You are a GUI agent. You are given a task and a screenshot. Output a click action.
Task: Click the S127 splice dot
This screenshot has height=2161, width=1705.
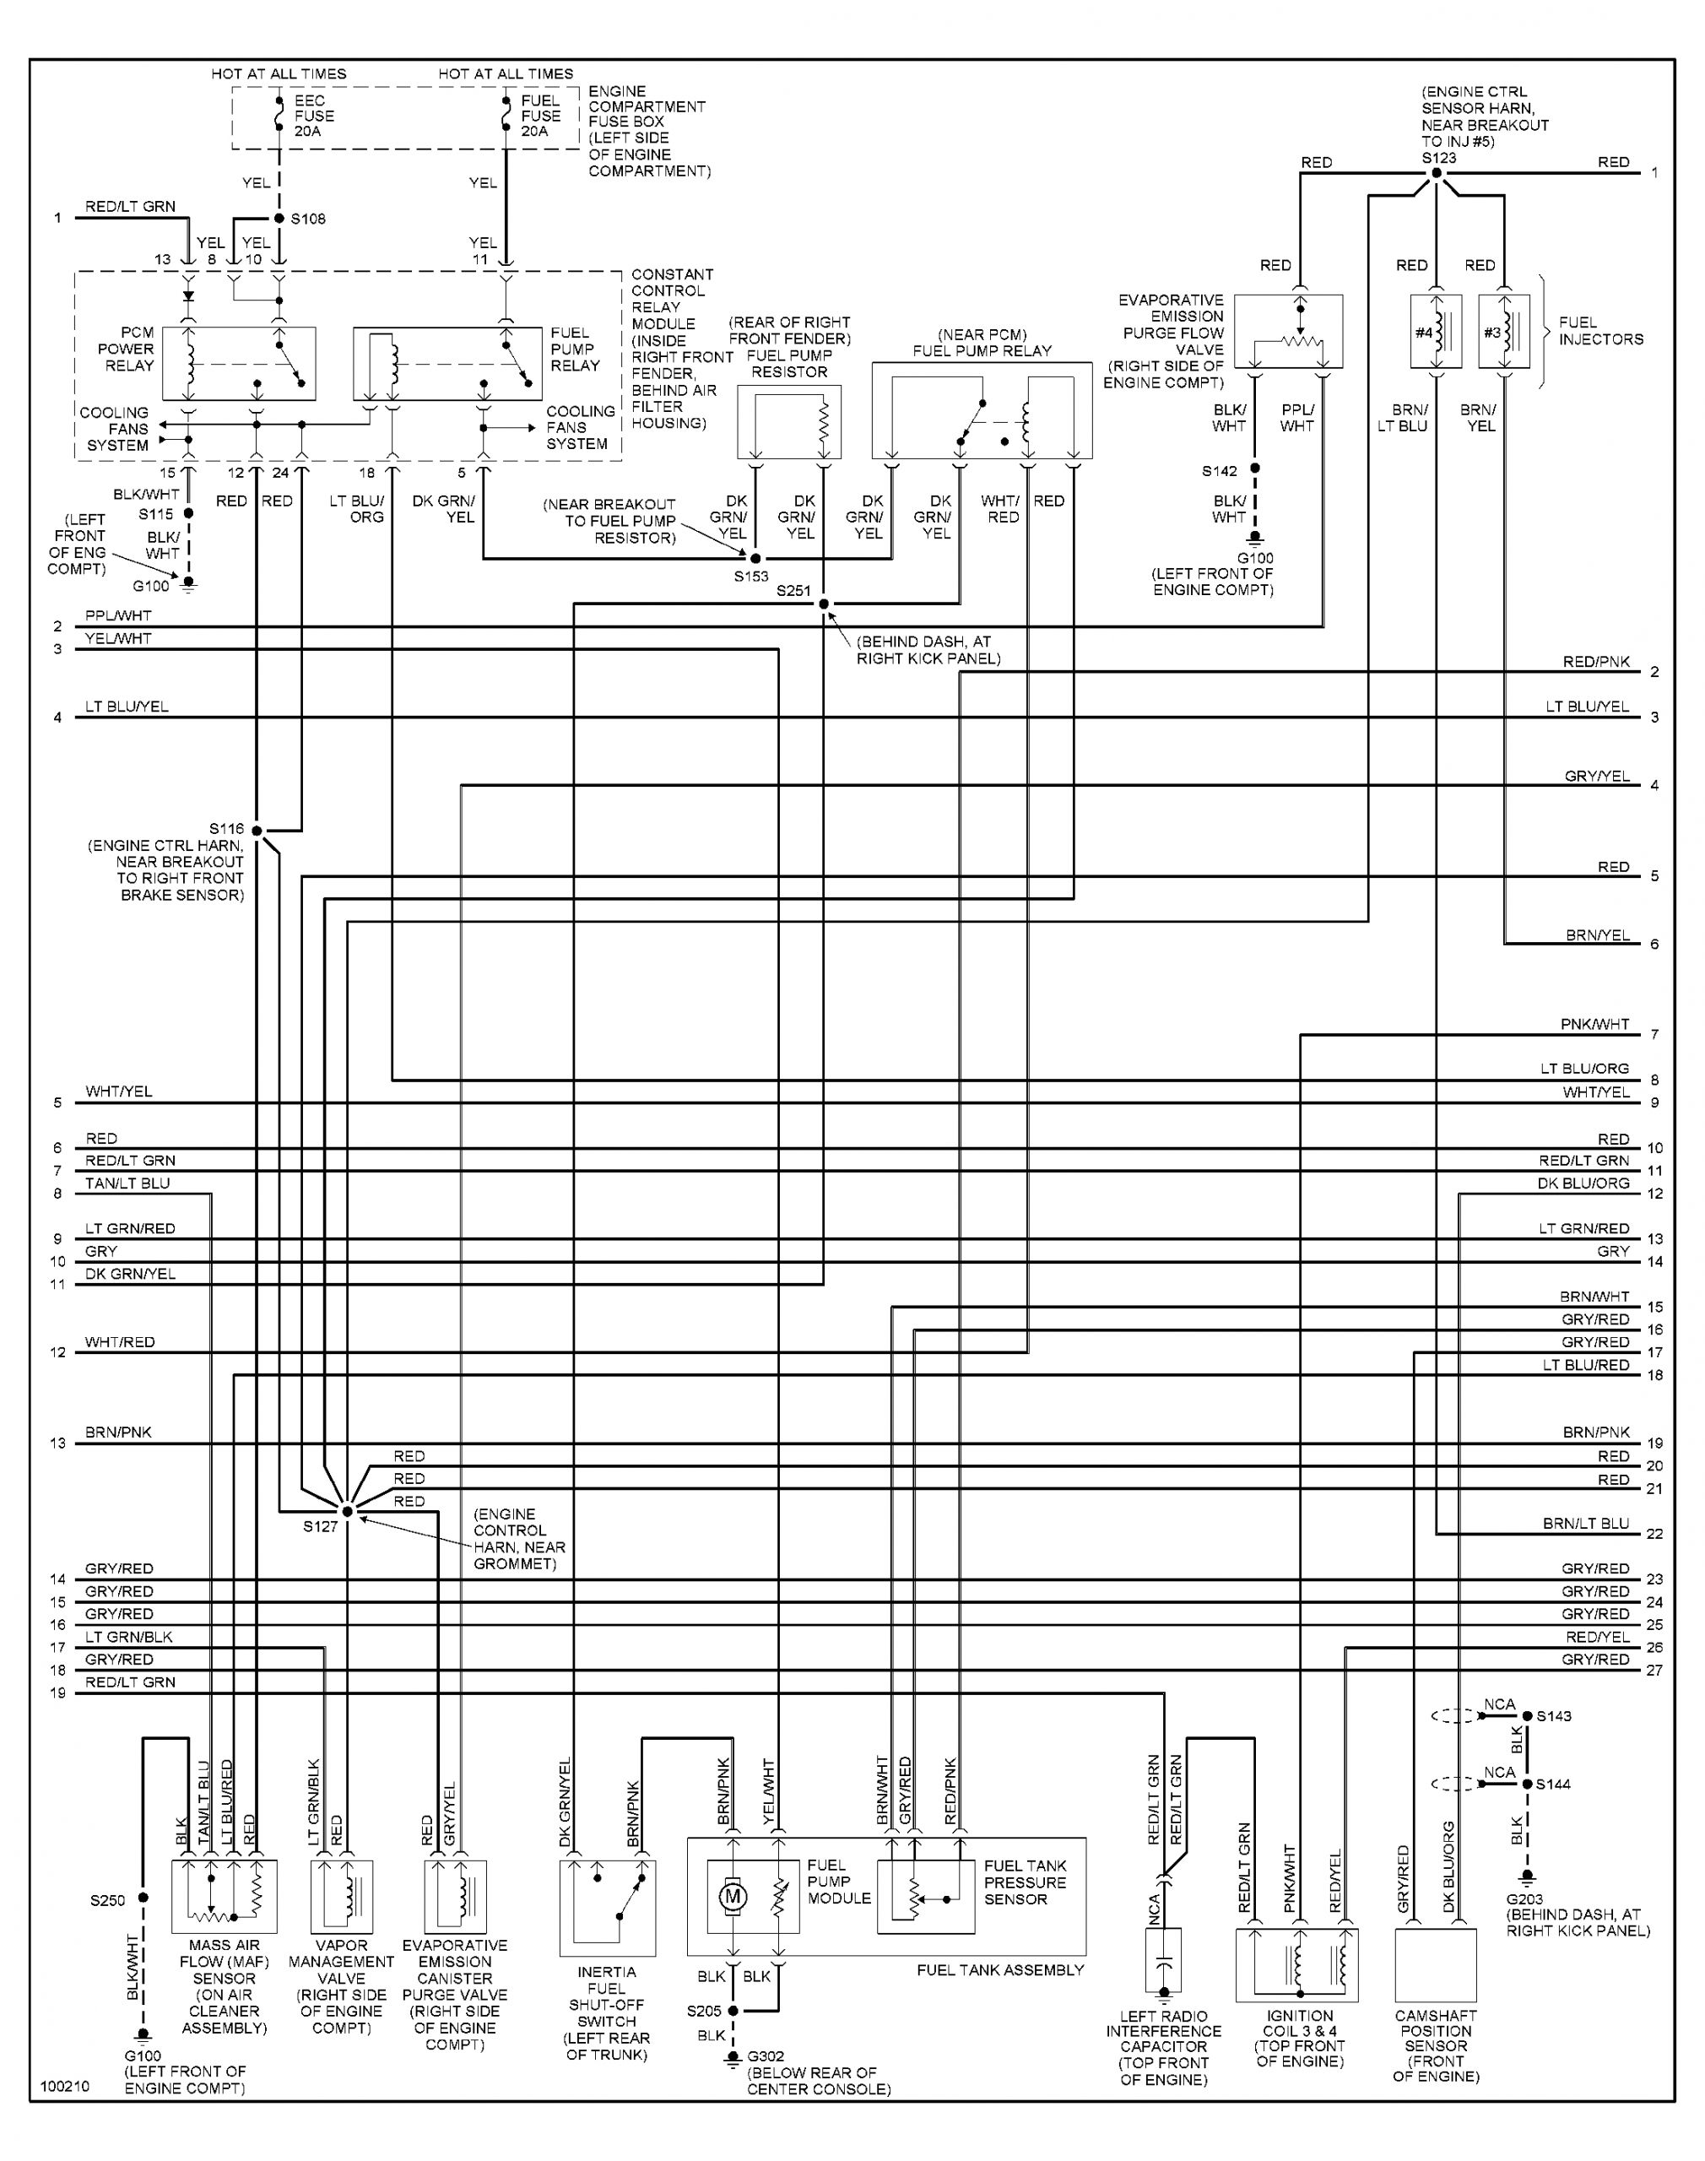point(348,1511)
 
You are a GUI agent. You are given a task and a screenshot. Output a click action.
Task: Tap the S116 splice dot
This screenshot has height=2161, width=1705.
point(257,830)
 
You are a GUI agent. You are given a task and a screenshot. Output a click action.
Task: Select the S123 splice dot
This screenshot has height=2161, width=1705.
point(1437,173)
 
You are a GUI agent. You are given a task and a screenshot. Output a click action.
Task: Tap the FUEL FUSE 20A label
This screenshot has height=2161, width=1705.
point(540,116)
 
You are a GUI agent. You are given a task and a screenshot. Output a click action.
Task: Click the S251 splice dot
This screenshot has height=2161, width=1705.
point(824,604)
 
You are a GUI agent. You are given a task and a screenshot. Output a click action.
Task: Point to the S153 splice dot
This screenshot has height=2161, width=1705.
point(755,559)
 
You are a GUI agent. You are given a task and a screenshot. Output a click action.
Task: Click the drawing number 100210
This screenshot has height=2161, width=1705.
point(65,2086)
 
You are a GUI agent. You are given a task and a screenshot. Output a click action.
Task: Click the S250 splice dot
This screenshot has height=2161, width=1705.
point(143,1898)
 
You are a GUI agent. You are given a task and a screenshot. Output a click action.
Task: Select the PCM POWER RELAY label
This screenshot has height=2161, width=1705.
point(127,349)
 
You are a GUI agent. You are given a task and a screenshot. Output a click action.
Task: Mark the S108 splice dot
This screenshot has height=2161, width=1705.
point(279,219)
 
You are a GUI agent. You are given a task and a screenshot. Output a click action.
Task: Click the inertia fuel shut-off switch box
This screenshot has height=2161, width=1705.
point(608,1906)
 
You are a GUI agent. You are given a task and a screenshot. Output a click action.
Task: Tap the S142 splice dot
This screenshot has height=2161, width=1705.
point(1256,468)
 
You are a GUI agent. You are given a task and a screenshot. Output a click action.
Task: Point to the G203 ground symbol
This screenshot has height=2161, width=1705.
point(1526,1877)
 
